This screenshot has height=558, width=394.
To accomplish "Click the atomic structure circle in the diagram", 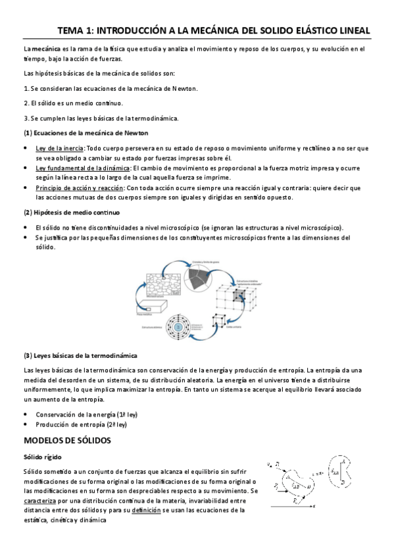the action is [178, 326].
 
